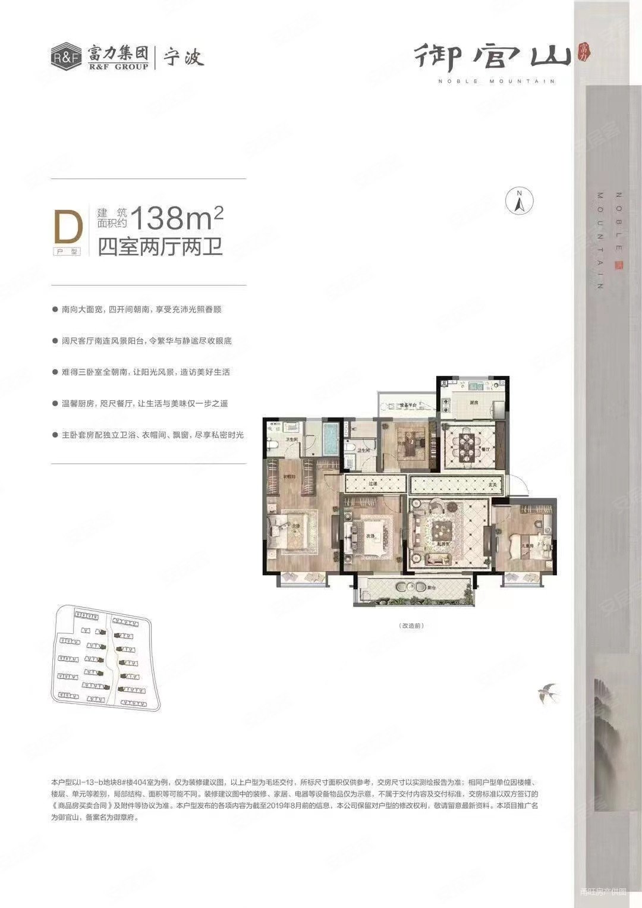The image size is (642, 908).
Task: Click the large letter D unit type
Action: tap(68, 228)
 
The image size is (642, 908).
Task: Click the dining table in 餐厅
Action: tap(467, 447)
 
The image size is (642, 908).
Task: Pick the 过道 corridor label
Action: tap(373, 484)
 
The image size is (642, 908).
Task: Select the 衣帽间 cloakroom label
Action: tap(289, 476)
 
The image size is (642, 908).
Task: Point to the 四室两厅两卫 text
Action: tap(160, 246)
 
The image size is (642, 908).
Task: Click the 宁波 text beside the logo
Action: tap(184, 58)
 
